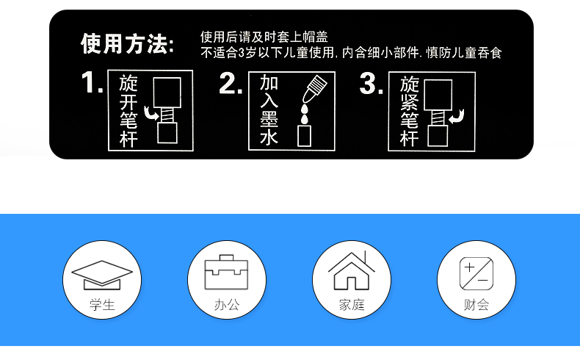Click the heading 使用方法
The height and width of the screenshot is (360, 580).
[x=127, y=44]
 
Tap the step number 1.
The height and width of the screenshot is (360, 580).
[x=91, y=82]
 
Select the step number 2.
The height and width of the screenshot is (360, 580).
[x=231, y=83]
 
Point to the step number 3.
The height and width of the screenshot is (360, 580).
[x=371, y=83]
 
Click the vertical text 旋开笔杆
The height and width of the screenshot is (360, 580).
[x=128, y=111]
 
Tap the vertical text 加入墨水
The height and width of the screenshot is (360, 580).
[x=269, y=109]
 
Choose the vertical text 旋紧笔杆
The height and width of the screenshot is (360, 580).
[x=409, y=112]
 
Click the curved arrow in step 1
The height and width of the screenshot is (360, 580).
[x=151, y=113]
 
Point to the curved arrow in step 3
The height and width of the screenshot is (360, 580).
[x=457, y=116]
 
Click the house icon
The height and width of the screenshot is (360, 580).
[x=352, y=270]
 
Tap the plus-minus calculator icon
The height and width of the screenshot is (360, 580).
[x=476, y=274]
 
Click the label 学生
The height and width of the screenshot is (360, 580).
[x=102, y=305]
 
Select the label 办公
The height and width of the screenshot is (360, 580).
[x=227, y=305]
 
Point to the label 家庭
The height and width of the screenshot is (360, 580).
[x=352, y=305]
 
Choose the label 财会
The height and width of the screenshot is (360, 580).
[x=476, y=305]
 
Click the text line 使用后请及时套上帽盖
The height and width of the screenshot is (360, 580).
[x=264, y=37]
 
